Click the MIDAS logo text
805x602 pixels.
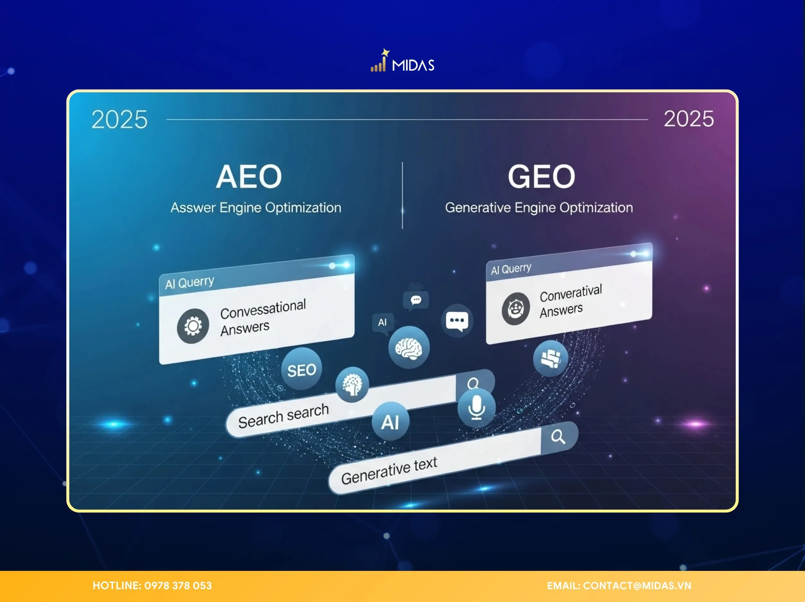coord(413,65)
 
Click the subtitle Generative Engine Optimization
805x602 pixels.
coord(539,208)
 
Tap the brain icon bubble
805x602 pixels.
coord(409,347)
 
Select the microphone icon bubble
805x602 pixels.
coord(476,407)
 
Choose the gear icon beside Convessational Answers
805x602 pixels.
coord(193,326)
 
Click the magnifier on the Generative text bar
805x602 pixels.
coord(558,437)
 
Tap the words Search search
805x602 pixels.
coord(283,416)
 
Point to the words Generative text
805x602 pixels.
coord(389,470)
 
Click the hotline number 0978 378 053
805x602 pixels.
coord(178,586)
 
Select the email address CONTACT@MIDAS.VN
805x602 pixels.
coord(637,586)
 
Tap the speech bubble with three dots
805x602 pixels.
coord(457,321)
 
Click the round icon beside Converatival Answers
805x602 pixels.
coord(516,309)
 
